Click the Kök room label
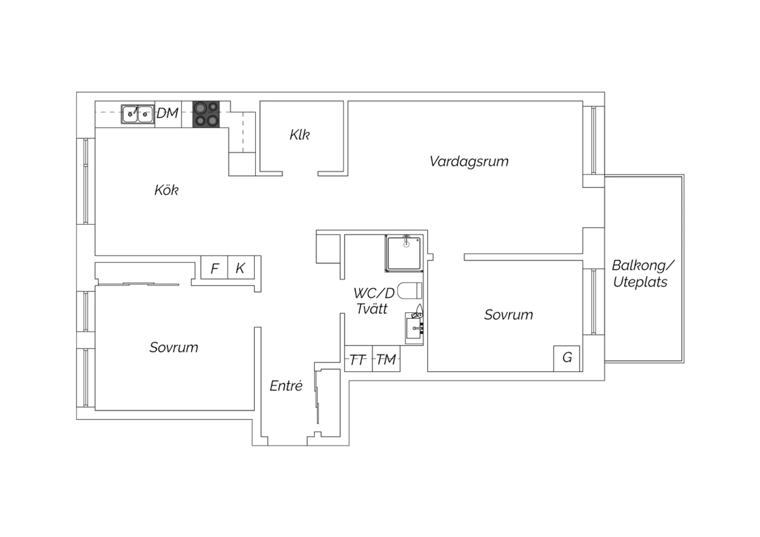click(x=166, y=190)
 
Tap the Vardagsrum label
click(x=469, y=162)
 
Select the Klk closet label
click(x=299, y=135)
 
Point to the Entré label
click(x=286, y=386)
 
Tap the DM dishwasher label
click(x=168, y=113)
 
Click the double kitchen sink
click(x=137, y=114)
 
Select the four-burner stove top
click(x=206, y=114)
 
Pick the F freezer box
click(x=214, y=267)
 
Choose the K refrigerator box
click(x=241, y=267)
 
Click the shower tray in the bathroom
click(x=404, y=253)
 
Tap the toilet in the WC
click(x=409, y=291)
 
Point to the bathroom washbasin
click(x=414, y=328)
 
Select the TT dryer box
click(x=358, y=359)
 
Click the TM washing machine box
click(x=386, y=359)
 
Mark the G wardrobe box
click(x=566, y=359)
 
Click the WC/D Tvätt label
click(x=374, y=301)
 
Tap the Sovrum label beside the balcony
click(x=508, y=315)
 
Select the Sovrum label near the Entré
click(x=174, y=348)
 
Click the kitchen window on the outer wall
click(x=86, y=181)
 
